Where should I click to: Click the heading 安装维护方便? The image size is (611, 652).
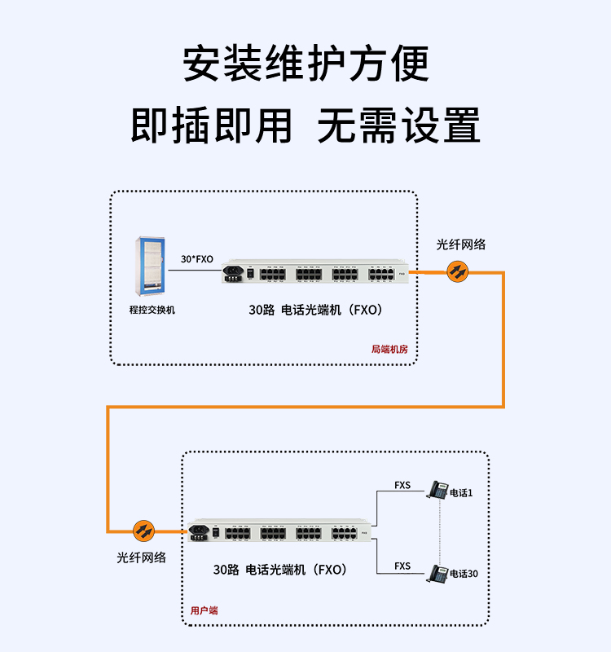(305, 64)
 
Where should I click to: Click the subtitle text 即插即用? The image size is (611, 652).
(212, 126)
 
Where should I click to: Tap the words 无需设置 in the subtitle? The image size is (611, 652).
(398, 126)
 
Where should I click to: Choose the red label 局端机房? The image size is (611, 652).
(389, 349)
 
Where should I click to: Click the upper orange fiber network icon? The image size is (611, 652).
(458, 271)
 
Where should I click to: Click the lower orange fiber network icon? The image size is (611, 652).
(144, 531)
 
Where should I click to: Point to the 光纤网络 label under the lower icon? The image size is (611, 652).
(142, 557)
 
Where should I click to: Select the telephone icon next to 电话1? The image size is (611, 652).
(438, 491)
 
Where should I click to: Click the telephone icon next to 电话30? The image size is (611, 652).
(438, 573)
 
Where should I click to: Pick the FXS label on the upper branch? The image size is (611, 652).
(402, 485)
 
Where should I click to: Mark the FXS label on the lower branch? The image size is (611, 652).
(402, 566)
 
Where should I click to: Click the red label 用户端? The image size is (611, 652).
(204, 610)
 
